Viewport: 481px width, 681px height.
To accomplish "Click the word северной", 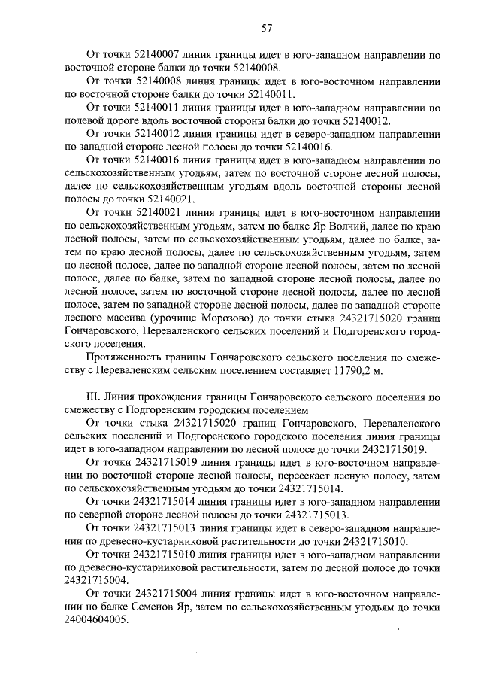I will click(108, 515).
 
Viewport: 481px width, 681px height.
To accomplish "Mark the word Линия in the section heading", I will click(123, 397).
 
